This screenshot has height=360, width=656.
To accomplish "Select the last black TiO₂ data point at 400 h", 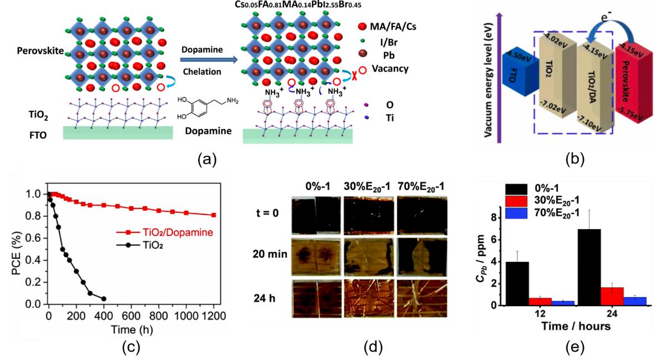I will [104, 298].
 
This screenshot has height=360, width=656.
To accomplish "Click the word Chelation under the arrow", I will [203, 71].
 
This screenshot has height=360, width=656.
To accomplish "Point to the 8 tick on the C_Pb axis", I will [501, 218].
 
